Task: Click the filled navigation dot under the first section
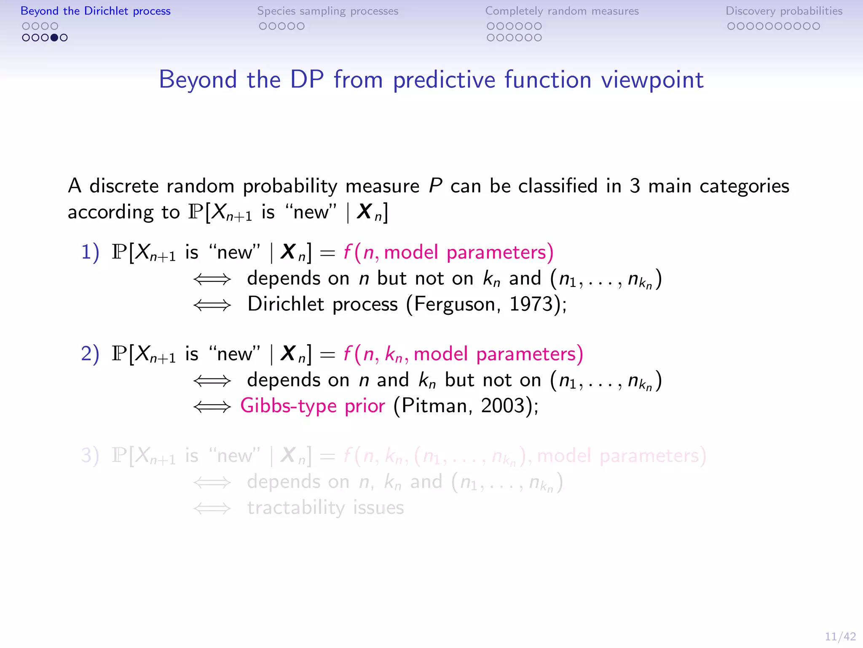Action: click(x=54, y=38)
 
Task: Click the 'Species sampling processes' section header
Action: click(x=327, y=11)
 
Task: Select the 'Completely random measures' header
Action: click(x=562, y=11)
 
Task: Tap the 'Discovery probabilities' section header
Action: click(x=784, y=11)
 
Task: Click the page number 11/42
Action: click(x=840, y=637)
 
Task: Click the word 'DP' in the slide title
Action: click(x=307, y=79)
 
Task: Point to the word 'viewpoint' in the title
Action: click(x=652, y=80)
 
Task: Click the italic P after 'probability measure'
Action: click(x=435, y=186)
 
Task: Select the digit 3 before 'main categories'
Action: click(x=635, y=186)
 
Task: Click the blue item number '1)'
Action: click(x=90, y=252)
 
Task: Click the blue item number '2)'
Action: click(x=90, y=354)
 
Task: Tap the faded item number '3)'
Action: click(x=90, y=456)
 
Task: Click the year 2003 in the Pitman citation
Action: click(x=503, y=406)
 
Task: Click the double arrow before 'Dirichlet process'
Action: click(x=212, y=305)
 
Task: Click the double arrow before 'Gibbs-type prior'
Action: click(x=212, y=407)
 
